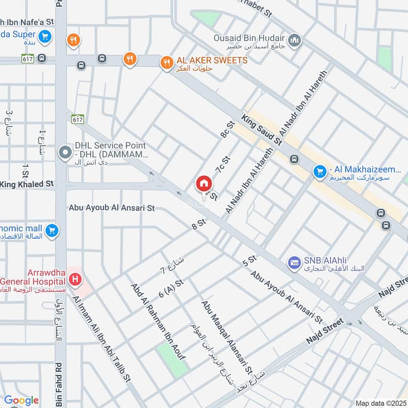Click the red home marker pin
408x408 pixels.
(203, 184)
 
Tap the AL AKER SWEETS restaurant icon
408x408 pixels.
(166, 63)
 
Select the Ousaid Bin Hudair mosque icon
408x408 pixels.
(294, 40)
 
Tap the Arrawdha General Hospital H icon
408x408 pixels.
(75, 279)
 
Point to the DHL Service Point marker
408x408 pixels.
(65, 152)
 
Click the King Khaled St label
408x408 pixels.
(27, 184)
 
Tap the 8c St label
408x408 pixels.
(227, 129)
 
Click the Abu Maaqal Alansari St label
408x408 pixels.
(227, 336)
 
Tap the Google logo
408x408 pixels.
(21, 400)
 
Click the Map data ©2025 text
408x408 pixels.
(379, 403)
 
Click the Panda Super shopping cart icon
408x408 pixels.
(45, 35)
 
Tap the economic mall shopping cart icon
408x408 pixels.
(51, 232)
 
